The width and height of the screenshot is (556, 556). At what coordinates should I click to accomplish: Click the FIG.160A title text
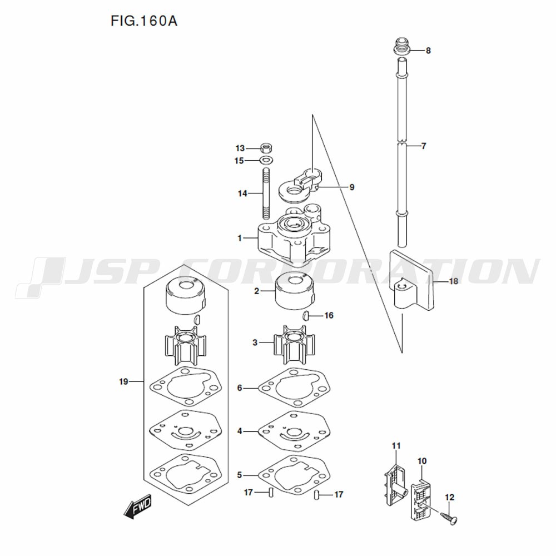143,21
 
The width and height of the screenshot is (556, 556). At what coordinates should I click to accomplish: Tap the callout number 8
428,51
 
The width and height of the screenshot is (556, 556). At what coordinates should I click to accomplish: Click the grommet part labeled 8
402,46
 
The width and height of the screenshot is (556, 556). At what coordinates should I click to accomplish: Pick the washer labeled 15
266,160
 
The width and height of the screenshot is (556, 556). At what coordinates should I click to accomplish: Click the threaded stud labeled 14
266,193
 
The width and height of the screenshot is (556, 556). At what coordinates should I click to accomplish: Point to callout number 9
351,187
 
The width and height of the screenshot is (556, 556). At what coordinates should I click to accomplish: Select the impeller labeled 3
294,344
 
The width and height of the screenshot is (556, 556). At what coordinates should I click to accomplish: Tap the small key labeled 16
306,315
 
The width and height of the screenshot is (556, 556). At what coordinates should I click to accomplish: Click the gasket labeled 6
294,388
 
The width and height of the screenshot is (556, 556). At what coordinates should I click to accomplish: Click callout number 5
239,474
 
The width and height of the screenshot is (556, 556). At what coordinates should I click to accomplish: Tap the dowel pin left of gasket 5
271,493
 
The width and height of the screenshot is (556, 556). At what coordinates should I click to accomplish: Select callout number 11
396,445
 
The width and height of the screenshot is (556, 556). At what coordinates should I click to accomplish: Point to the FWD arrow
137,507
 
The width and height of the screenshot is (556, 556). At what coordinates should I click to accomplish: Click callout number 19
123,381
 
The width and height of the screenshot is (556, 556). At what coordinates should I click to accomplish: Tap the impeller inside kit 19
185,345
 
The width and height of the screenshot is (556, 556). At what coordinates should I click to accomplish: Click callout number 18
454,281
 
